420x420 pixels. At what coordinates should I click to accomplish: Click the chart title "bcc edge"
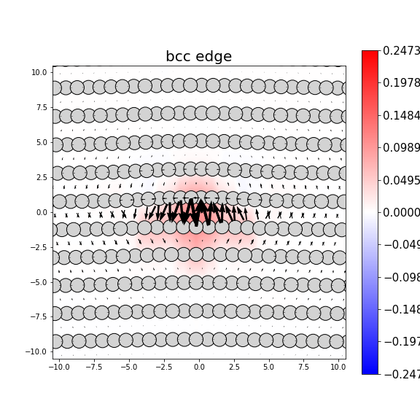(198, 57)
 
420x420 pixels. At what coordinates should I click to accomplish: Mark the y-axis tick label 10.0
(39, 72)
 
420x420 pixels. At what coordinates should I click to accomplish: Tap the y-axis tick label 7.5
(41, 107)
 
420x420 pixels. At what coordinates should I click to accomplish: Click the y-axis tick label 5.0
(41, 142)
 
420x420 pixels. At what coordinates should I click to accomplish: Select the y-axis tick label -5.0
(39, 282)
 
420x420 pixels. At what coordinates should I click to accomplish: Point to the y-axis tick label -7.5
(39, 317)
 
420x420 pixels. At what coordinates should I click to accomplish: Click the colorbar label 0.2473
(401, 51)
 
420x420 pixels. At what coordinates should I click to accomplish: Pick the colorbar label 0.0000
(401, 212)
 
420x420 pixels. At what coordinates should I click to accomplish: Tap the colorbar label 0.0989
(401, 148)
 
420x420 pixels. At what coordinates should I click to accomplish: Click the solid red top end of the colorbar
(370, 54)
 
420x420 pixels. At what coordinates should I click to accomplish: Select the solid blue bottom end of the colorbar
(370, 370)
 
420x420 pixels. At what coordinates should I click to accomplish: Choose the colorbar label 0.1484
(401, 116)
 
